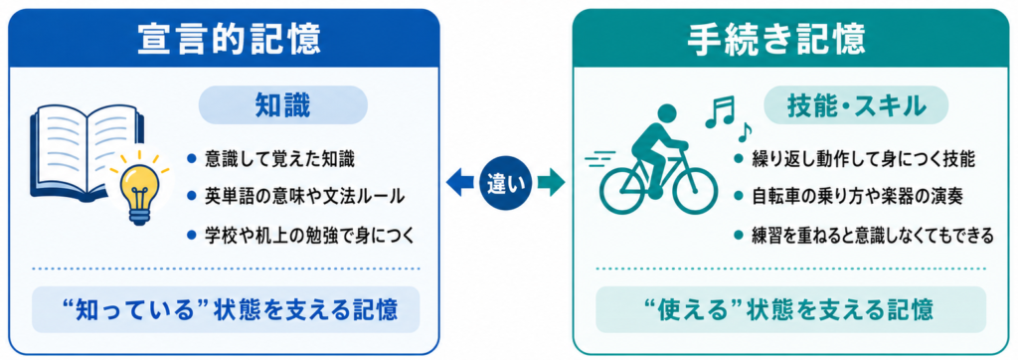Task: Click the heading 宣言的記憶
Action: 229,40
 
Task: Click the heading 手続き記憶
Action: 776,40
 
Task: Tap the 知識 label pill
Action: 282,106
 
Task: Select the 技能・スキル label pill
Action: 856,106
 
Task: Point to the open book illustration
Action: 87,149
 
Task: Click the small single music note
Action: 745,132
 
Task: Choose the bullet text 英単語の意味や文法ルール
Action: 304,195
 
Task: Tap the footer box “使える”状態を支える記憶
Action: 790,309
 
